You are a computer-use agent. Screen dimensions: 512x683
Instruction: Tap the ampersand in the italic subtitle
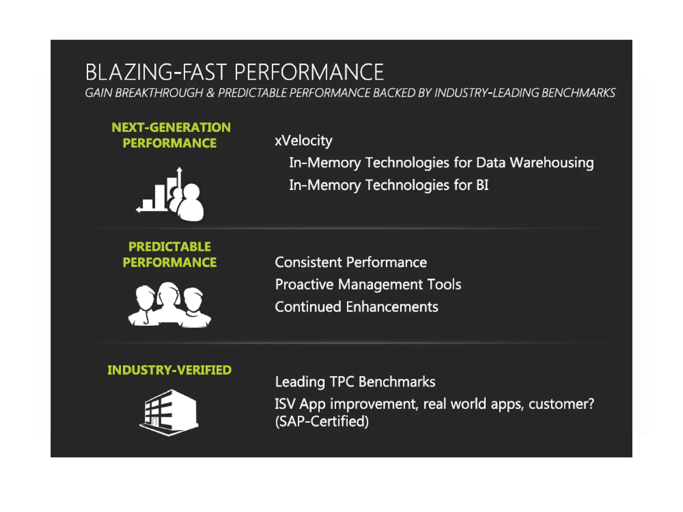tap(210, 93)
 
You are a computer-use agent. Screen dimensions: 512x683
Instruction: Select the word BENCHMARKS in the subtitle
tap(578, 93)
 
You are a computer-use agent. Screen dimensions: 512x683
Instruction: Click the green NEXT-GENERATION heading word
tap(171, 127)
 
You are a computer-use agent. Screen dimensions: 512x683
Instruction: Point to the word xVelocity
tap(303, 141)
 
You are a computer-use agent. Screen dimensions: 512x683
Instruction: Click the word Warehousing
tap(552, 163)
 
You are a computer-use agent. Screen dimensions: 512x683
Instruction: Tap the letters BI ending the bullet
tap(482, 185)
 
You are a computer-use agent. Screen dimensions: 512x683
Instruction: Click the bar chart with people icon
tap(170, 195)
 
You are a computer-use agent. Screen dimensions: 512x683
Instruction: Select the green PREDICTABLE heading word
tap(169, 247)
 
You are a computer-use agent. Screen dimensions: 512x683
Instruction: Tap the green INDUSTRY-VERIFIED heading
tap(169, 370)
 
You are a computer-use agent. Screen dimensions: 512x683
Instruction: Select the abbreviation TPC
tap(341, 382)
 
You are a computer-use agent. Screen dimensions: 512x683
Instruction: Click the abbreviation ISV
tap(285, 404)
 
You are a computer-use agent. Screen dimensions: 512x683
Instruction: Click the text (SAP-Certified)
tap(322, 421)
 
